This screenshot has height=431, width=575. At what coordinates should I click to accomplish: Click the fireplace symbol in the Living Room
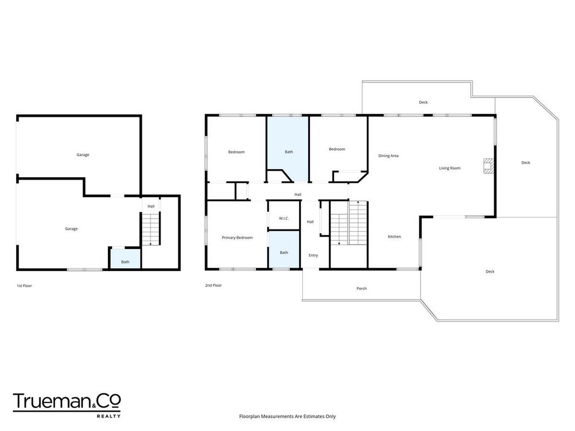pos(488,165)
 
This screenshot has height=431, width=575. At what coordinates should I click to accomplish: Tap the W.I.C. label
pos(284,218)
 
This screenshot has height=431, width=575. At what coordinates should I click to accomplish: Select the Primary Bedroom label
pos(237,238)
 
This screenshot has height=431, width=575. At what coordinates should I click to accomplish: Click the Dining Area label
pos(389,156)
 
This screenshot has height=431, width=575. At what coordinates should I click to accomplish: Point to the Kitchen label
pos(394,237)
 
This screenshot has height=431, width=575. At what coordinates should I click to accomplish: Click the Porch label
pos(362,288)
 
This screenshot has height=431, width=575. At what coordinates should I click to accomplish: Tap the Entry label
pos(313,255)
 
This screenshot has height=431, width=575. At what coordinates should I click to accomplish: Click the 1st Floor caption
pos(24,286)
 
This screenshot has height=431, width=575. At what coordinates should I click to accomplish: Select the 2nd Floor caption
pos(213,285)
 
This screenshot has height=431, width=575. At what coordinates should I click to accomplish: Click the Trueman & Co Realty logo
pos(67,405)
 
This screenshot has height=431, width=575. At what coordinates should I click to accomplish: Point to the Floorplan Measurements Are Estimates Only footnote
pos(288,416)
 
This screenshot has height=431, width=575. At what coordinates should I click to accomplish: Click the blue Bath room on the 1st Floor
pos(126,259)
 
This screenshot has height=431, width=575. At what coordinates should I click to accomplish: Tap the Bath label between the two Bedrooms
pos(289,152)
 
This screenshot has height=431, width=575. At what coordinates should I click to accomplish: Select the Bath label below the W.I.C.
pos(284,253)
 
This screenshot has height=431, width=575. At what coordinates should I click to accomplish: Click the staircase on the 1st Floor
pos(151,229)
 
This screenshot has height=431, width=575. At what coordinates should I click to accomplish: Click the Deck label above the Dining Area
pos(423,102)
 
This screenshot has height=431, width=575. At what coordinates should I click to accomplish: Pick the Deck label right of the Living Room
pos(525,163)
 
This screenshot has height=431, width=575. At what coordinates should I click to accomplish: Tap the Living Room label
pos(449,168)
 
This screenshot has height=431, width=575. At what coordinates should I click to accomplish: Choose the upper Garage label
pos(83,155)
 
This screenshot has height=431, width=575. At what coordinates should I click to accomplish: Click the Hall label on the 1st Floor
pos(151,206)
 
